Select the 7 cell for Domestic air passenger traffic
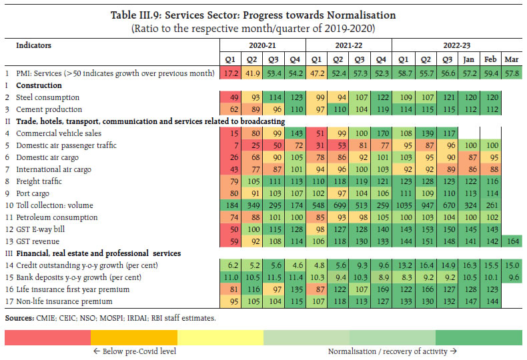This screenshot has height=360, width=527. point(231,144)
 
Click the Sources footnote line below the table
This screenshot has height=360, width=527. point(110,318)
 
